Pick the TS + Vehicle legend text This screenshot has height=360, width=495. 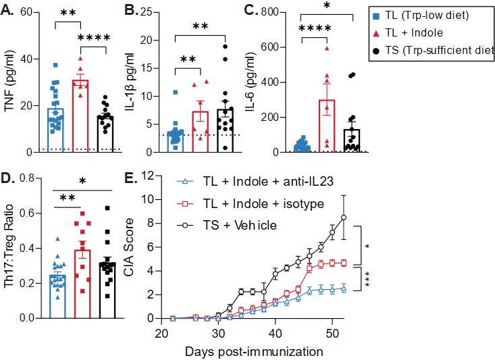click(242, 225)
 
